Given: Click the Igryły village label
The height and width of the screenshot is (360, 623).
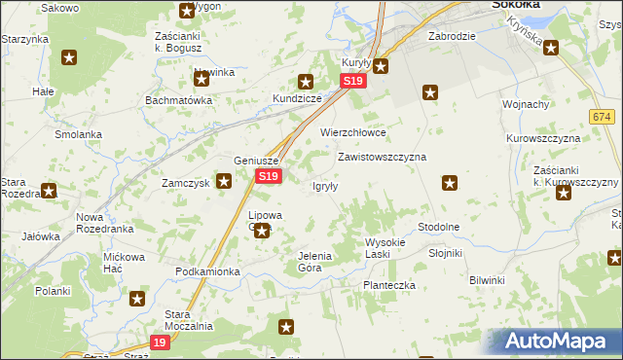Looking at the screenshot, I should click(x=324, y=186).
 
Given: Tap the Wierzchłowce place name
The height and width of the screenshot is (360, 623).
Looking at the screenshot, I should click(x=353, y=132).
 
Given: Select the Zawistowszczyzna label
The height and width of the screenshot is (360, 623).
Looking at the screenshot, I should click(x=382, y=156).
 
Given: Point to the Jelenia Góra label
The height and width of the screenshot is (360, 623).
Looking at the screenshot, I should click(x=315, y=261).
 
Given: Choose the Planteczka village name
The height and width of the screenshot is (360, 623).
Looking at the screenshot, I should click(x=389, y=285).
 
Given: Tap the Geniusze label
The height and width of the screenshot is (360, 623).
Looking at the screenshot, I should click(x=257, y=162).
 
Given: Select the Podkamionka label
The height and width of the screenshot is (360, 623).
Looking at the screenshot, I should click(x=207, y=271).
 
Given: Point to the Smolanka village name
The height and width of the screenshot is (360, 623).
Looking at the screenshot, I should click(x=79, y=134).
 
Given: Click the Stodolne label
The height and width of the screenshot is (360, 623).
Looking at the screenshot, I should click(x=438, y=226).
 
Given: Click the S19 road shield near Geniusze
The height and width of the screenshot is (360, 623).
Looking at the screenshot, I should click(x=269, y=176).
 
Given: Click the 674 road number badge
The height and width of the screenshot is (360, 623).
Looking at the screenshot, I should click(x=601, y=117).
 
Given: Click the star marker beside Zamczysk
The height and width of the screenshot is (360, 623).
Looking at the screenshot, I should click(x=224, y=180).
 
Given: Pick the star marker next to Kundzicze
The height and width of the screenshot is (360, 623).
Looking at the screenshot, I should click(x=306, y=83).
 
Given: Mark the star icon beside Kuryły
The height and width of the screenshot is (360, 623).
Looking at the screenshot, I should click(x=381, y=66).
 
